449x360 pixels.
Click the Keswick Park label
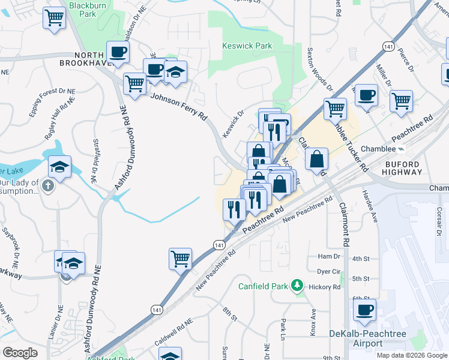point(247,46)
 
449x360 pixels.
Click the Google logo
point(20,353)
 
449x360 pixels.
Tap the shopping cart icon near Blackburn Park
point(55,17)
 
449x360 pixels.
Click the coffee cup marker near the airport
point(364,310)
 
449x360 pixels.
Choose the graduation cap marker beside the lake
point(59,167)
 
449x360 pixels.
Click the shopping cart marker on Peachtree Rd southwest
point(180,259)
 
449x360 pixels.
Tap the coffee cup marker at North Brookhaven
point(118,52)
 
